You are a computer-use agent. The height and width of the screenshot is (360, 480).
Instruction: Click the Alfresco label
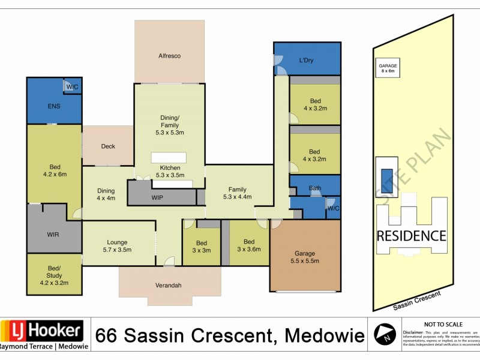tap(169, 56)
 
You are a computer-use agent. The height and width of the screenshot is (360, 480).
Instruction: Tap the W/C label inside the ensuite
tap(72, 87)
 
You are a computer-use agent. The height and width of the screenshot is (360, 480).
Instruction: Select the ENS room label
tap(54, 106)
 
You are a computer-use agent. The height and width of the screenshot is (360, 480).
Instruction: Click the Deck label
tap(108, 146)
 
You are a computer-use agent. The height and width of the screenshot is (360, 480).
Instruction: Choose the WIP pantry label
tap(158, 197)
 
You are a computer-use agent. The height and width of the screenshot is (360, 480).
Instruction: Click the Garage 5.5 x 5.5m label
tap(304, 257)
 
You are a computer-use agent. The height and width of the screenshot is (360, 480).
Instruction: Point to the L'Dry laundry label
tap(307, 60)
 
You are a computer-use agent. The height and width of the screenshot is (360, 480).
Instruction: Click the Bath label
tap(315, 188)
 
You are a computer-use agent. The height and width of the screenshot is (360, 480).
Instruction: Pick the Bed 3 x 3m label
tap(201, 246)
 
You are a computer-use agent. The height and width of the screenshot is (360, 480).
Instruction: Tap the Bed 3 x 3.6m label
tap(249, 246)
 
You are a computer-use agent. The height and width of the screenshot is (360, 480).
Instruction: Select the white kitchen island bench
tap(169, 157)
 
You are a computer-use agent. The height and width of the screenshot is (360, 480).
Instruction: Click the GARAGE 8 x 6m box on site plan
tap(388, 68)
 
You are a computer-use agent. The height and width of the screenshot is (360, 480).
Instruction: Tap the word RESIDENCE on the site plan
tap(411, 236)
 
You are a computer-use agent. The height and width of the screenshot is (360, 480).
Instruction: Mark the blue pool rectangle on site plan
tap(384, 178)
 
